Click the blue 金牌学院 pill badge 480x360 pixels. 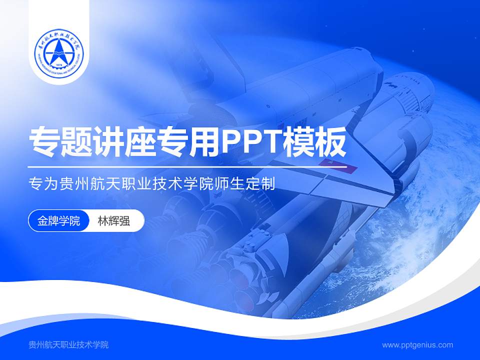coord(58,221)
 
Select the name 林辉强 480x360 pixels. coord(113,221)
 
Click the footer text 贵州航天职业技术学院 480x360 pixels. coord(68,344)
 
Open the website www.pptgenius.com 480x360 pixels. coord(417,344)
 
